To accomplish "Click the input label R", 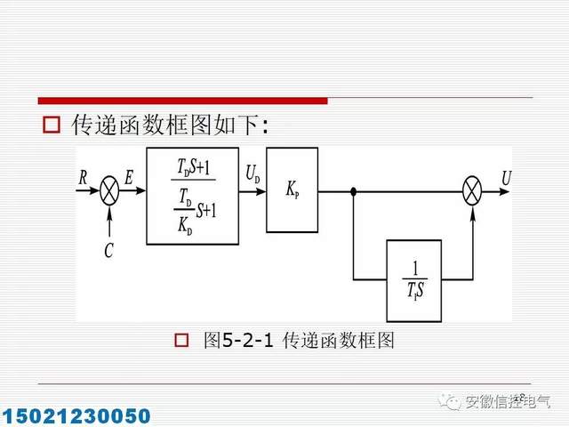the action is coord(84,177).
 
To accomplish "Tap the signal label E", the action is coord(130,177).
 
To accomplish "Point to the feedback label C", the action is coord(109,251).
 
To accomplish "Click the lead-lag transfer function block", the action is coord(192,195).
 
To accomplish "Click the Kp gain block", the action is coord(292,190).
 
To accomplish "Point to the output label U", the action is coord(506,177).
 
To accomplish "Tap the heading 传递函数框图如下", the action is coord(169,125).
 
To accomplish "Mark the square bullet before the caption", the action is coord(182,340).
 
